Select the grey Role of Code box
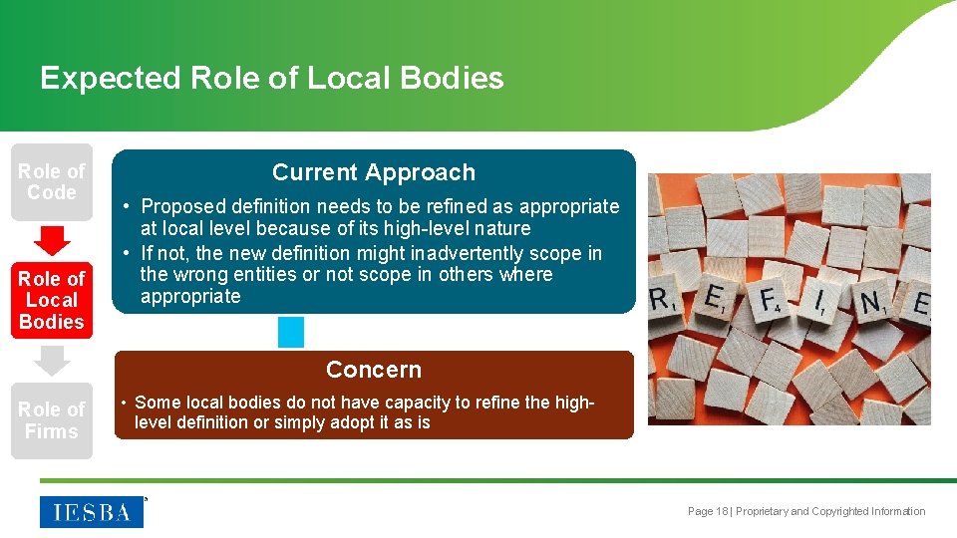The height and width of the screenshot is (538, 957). [52, 181]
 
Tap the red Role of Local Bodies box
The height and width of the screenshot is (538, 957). [52, 300]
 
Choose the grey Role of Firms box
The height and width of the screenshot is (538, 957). [52, 420]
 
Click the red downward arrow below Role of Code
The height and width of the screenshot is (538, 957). [52, 240]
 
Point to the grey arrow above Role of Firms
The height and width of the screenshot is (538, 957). [52, 359]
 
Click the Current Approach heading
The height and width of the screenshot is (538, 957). [374, 172]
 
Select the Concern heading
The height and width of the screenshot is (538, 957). [374, 370]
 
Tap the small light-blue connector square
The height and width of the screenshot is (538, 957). [291, 332]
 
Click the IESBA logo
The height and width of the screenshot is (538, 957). [92, 511]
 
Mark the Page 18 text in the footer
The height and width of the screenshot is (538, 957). [708, 511]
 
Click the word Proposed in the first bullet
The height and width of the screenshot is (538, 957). [180, 207]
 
